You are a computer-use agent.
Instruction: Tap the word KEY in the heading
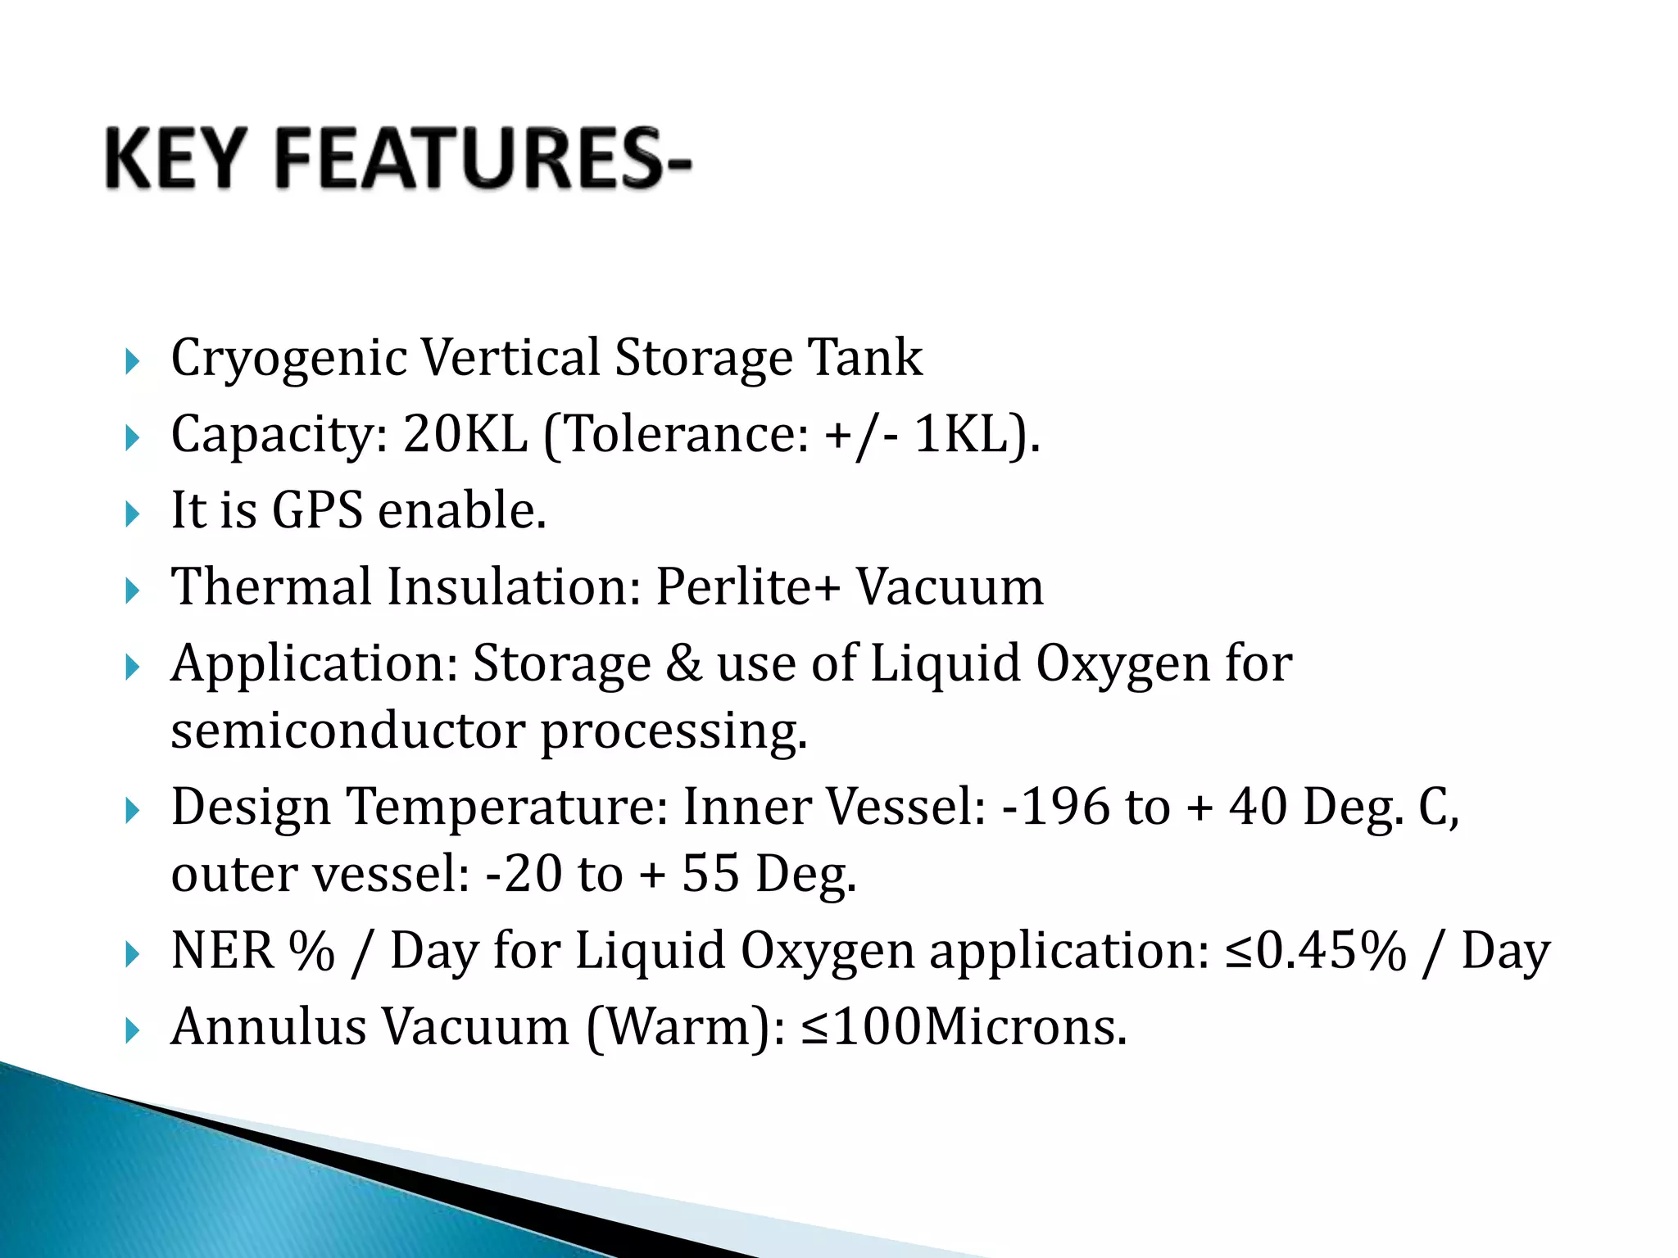(175, 159)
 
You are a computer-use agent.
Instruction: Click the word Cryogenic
(289, 359)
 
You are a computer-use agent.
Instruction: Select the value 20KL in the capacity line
(465, 434)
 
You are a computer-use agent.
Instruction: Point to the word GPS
(317, 511)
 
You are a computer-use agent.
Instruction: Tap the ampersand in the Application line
(683, 663)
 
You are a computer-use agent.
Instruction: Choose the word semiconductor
(347, 730)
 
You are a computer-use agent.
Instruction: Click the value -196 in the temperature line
(1057, 806)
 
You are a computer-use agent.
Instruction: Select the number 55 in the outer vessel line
(710, 873)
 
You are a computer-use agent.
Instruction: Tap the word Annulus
(269, 1026)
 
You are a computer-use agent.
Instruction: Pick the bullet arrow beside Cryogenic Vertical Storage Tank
(133, 361)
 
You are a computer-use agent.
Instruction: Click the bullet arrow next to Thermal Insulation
(133, 590)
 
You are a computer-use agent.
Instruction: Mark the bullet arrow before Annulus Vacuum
(133, 1030)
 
